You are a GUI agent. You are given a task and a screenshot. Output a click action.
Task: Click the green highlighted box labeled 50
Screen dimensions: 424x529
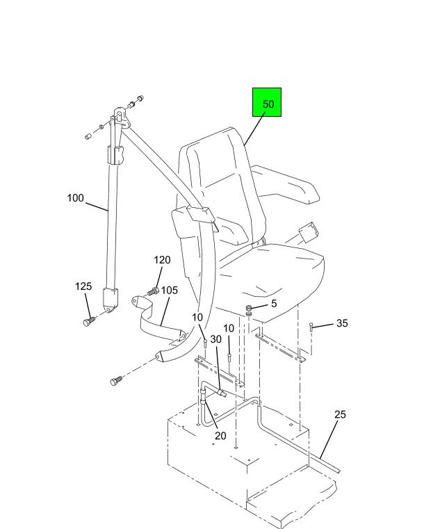click(267, 102)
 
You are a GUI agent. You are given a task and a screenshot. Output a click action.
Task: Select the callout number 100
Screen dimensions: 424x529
click(75, 197)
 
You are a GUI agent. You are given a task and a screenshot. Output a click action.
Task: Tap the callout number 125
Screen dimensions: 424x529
click(83, 286)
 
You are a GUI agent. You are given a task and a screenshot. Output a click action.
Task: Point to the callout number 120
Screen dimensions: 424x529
click(162, 260)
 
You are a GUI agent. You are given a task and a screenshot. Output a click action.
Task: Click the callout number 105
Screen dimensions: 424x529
click(170, 290)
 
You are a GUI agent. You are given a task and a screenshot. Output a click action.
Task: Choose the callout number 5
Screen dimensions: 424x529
click(274, 304)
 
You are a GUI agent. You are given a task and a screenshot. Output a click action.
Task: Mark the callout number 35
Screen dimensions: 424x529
click(342, 323)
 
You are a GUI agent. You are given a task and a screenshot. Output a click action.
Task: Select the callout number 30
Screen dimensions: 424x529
click(216, 339)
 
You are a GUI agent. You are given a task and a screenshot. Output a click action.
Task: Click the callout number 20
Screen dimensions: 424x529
click(220, 436)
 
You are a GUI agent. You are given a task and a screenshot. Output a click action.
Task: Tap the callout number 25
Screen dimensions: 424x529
click(340, 414)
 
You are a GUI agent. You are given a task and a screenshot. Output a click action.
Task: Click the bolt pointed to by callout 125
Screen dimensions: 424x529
click(88, 322)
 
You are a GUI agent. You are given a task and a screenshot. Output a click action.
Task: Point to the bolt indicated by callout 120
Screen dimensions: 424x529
click(153, 291)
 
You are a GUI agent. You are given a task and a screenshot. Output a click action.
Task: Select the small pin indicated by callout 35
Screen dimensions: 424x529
click(311, 327)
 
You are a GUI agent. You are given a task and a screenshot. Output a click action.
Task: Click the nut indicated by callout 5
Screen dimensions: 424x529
click(250, 310)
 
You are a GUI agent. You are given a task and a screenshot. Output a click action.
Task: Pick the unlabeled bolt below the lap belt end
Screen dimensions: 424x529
click(115, 381)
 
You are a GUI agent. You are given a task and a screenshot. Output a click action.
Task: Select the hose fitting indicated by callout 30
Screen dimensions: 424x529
click(222, 393)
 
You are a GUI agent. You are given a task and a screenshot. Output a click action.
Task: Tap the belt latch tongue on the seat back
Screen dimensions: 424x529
click(201, 215)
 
